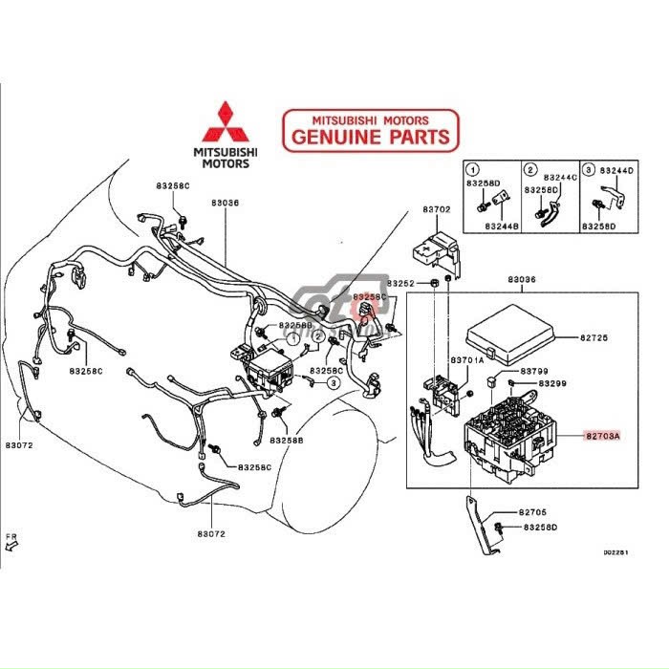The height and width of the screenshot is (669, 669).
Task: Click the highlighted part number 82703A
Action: click(x=603, y=435)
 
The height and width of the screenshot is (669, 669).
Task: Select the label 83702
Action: click(x=437, y=208)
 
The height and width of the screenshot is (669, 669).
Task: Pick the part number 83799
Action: click(x=534, y=369)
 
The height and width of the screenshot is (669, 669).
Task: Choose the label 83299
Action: click(x=550, y=383)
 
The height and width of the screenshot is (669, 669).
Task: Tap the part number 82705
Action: click(x=533, y=512)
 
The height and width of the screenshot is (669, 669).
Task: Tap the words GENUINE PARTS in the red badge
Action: click(x=370, y=137)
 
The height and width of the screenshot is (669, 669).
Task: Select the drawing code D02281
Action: click(x=615, y=551)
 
